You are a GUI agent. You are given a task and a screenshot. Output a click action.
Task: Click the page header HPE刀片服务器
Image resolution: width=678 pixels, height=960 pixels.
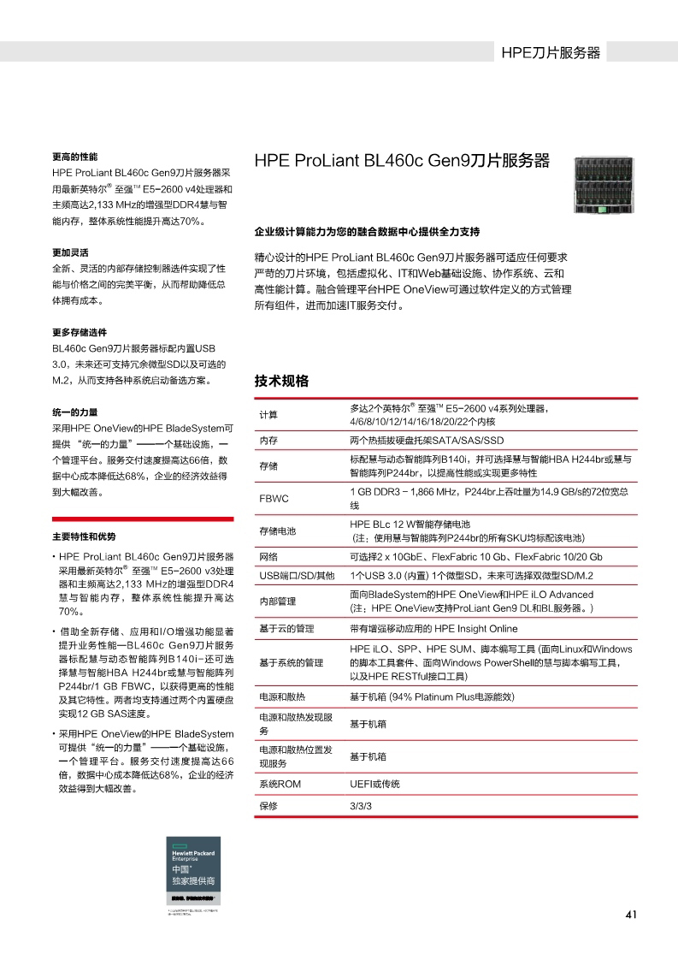pyautogui.click(x=551, y=52)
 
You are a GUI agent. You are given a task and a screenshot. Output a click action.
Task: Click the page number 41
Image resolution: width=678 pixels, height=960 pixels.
pyautogui.click(x=632, y=915)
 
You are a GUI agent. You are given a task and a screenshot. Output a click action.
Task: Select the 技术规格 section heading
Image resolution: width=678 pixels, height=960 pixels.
pyautogui.click(x=281, y=381)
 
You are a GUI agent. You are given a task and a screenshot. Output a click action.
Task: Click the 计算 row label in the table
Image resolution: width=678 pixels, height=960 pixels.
pyautogui.click(x=268, y=415)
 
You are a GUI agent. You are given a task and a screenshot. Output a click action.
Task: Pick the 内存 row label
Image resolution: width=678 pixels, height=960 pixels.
pyautogui.click(x=268, y=441)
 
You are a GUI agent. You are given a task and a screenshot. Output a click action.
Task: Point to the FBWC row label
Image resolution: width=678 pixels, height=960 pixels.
pyautogui.click(x=274, y=498)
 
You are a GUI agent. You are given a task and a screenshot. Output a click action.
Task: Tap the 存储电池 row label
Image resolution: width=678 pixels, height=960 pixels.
pyautogui.click(x=277, y=530)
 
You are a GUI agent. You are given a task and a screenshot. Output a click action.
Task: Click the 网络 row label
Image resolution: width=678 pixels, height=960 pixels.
pyautogui.click(x=268, y=556)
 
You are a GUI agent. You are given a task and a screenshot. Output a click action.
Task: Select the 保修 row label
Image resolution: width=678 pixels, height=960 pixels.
pyautogui.click(x=268, y=807)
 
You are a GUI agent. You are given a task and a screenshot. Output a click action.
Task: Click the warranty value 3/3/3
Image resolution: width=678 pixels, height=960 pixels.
pyautogui.click(x=361, y=807)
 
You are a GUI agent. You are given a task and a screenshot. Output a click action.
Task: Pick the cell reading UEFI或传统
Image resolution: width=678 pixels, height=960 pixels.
pyautogui.click(x=374, y=784)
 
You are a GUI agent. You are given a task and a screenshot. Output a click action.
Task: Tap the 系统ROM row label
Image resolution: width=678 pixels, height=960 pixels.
pyautogui.click(x=280, y=784)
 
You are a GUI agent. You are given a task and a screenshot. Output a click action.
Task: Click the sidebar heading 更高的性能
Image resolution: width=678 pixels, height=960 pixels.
pyautogui.click(x=75, y=157)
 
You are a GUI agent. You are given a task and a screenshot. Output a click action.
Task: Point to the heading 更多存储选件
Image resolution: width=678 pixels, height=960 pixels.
pyautogui.click(x=80, y=332)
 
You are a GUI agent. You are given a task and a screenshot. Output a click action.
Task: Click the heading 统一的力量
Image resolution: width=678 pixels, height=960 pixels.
pyautogui.click(x=75, y=412)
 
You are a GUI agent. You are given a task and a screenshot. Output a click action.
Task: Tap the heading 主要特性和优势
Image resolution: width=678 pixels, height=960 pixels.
pyautogui.click(x=84, y=536)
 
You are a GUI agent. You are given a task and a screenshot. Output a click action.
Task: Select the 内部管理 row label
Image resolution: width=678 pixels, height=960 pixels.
pyautogui.click(x=277, y=601)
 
